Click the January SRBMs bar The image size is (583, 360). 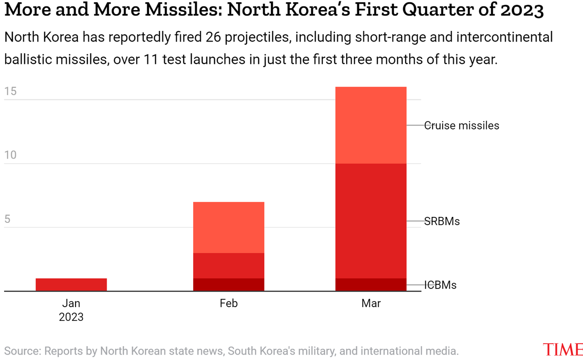(71, 284)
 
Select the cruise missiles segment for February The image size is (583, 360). (229, 227)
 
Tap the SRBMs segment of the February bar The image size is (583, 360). (229, 266)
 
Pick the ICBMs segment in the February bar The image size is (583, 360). (229, 285)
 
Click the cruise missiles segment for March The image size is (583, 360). (371, 125)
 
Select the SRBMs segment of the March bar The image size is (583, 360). (371, 221)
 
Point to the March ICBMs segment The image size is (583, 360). (371, 285)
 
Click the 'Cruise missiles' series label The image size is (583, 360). (461, 125)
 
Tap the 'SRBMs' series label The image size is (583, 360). (442, 221)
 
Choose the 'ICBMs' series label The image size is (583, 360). (440, 285)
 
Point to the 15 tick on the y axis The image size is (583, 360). (10, 92)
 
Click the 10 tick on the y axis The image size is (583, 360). (10, 155)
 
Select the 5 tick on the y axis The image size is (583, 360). (7, 219)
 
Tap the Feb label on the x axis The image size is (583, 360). (229, 303)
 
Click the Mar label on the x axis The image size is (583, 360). (371, 303)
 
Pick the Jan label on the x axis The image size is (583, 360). (71, 303)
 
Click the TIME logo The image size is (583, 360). (563, 350)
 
